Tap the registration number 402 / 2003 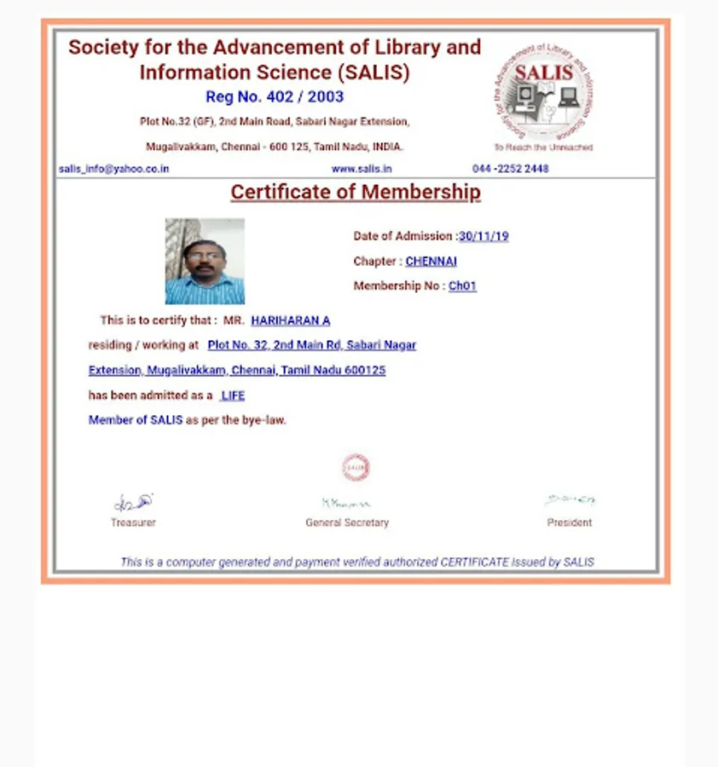275,97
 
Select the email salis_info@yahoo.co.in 114,169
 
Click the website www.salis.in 362,169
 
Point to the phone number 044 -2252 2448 511,169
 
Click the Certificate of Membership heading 356,193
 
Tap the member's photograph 205,262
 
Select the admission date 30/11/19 483,236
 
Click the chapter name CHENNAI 431,261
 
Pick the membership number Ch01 462,286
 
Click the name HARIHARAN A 290,320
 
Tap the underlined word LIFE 233,395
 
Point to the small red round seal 356,467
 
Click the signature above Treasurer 134,503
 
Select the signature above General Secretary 345,504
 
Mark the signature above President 570,500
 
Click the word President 570,522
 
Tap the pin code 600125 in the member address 365,371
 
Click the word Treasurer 133,522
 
